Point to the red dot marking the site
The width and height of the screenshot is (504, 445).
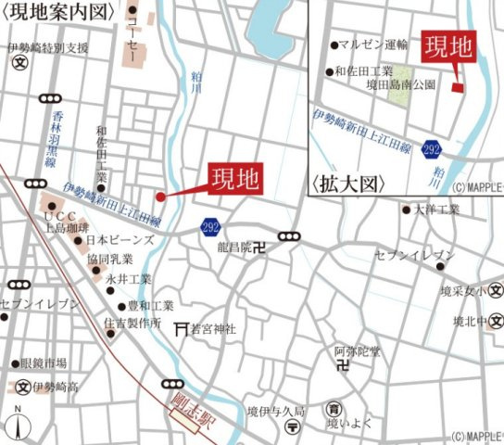pos(160,197)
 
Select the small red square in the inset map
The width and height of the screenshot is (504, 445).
pos(457,88)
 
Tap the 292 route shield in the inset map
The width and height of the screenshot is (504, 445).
pos(431,148)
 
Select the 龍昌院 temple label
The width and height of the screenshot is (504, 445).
pos(231,248)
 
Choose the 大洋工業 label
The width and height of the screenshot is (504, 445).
pos(437,210)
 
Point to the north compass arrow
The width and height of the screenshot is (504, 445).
pos(19,423)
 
